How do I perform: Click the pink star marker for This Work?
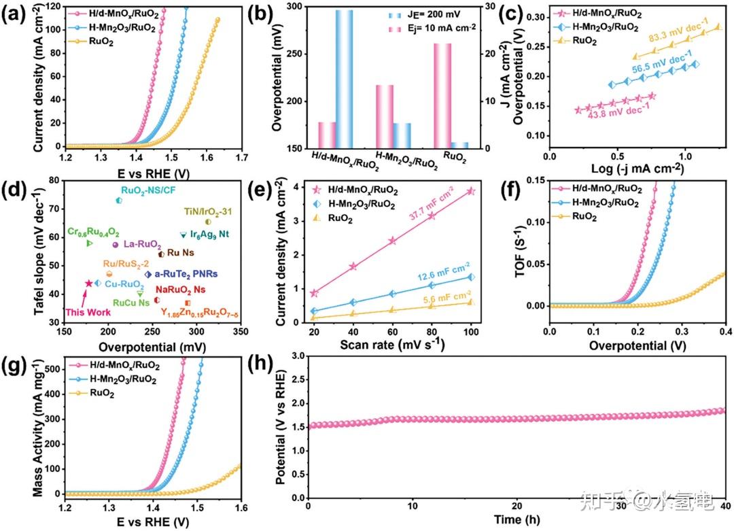(89, 283)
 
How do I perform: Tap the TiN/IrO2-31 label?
(209, 211)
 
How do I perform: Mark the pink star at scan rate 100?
(471, 192)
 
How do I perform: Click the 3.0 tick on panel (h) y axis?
(298, 355)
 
